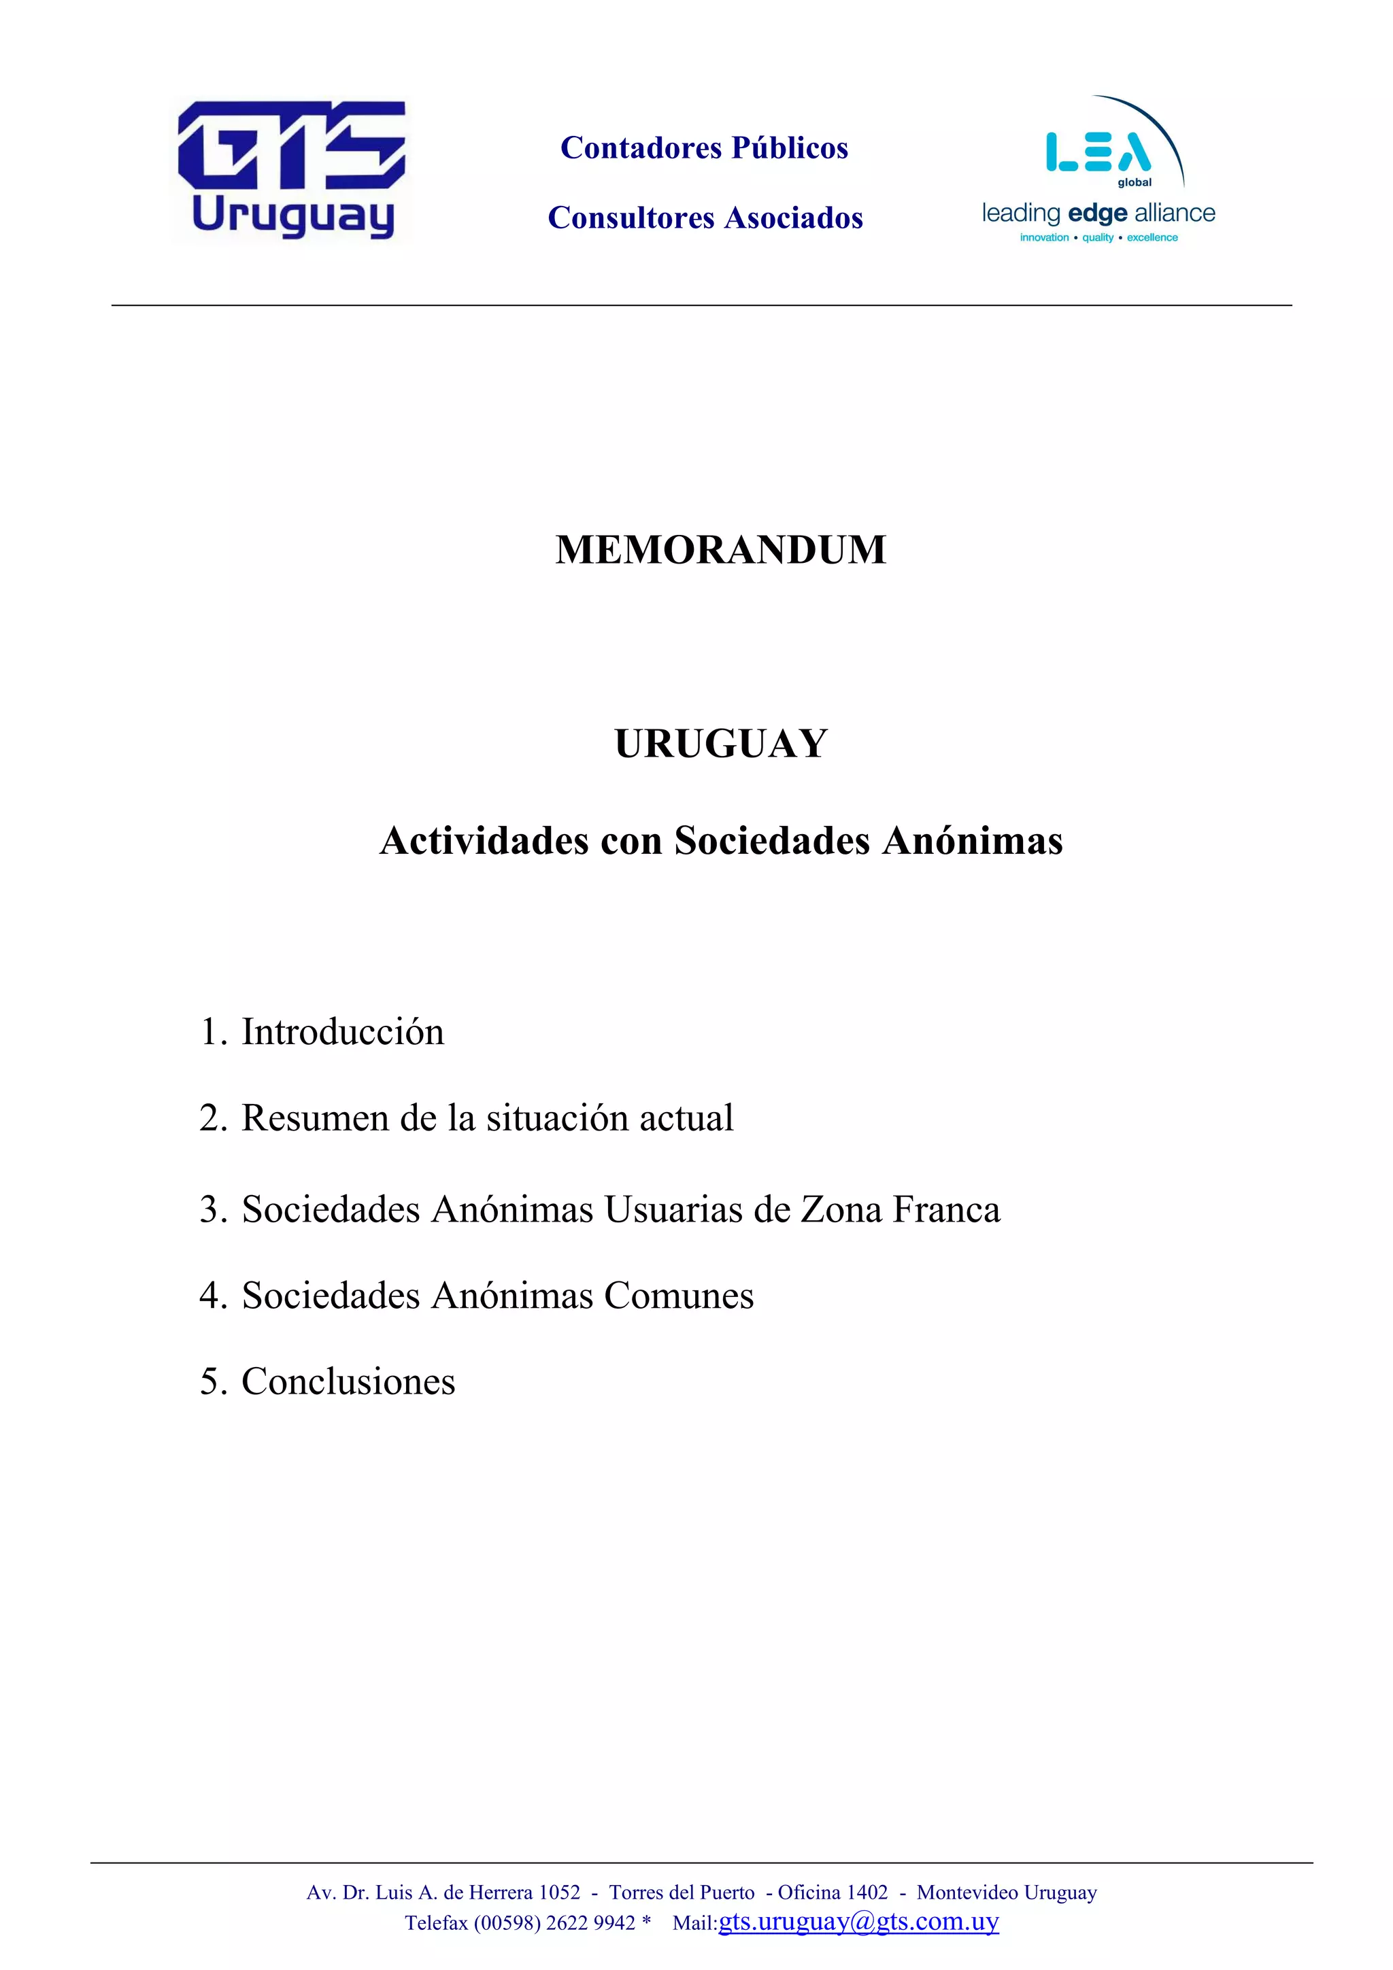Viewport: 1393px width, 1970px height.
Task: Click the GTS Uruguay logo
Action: (x=292, y=169)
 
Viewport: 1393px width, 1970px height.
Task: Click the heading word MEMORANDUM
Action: (x=720, y=550)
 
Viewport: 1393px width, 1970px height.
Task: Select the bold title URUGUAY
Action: (x=720, y=743)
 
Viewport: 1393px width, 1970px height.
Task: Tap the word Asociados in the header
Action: (x=793, y=218)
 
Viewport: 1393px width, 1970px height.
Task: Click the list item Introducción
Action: (x=341, y=1032)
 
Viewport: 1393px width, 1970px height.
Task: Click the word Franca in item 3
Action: (x=946, y=1210)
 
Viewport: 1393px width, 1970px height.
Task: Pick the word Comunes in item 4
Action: (x=678, y=1296)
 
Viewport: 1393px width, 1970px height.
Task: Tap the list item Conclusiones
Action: (x=348, y=1381)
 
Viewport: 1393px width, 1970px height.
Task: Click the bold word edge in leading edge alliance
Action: (x=1097, y=213)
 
